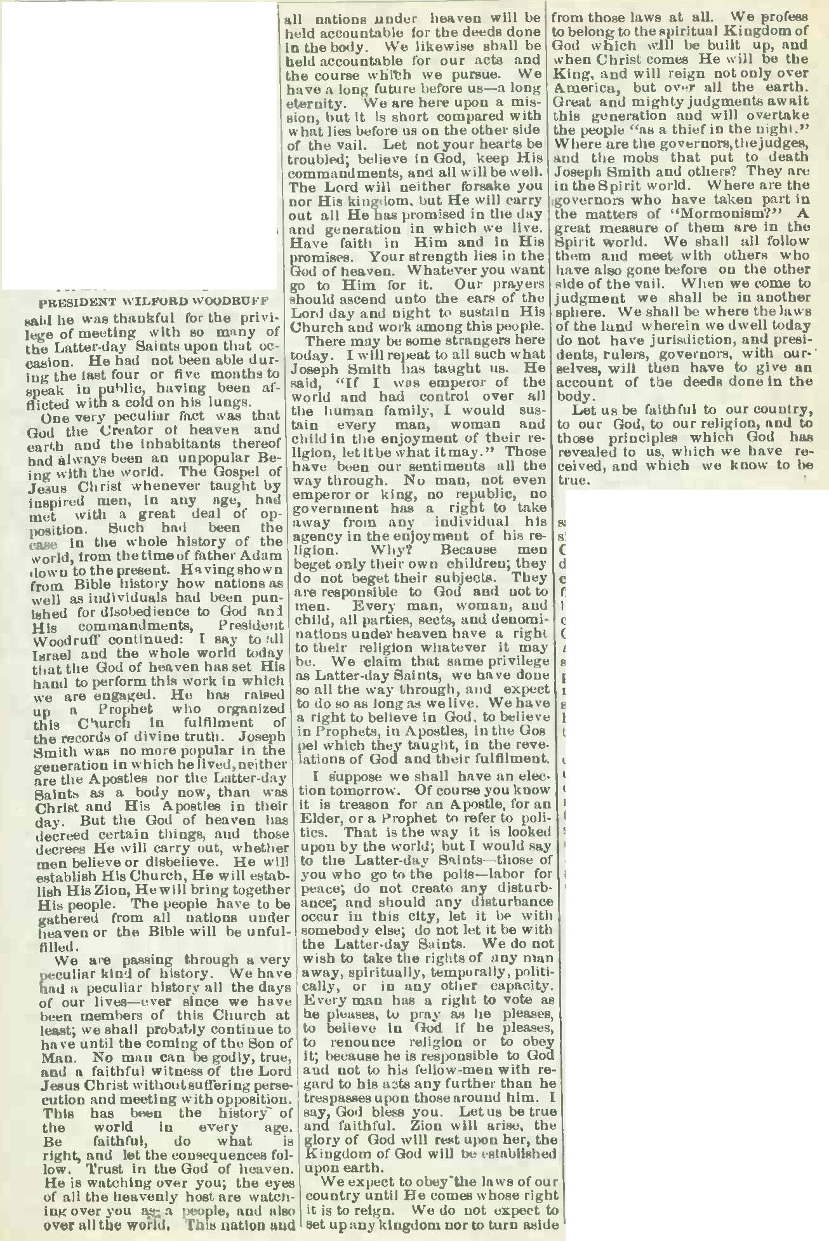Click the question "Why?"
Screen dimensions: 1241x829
tap(385, 550)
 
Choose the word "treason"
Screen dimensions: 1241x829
tap(359, 805)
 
